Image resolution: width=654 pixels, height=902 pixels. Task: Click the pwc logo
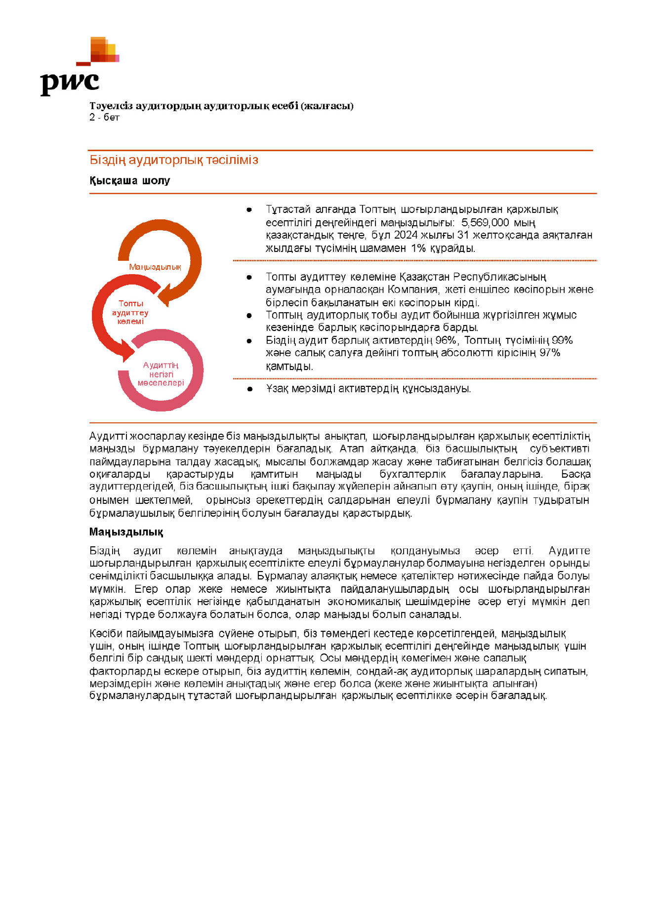click(79, 67)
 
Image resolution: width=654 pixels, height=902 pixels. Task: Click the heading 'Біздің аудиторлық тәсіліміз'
click(173, 160)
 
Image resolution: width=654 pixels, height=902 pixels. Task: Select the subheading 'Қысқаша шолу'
click(129, 181)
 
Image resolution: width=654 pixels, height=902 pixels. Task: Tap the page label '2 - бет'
click(104, 118)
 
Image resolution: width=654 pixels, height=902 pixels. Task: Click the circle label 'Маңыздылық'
click(155, 267)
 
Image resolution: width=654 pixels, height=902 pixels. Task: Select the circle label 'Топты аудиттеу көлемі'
click(130, 313)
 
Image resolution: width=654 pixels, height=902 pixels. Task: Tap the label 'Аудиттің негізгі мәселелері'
click(161, 374)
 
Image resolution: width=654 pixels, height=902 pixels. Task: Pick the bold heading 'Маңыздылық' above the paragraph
click(126, 532)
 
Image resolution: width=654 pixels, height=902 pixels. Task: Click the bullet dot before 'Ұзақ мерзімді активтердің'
click(250, 389)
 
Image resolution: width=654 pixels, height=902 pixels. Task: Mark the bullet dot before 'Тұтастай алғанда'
click(249, 210)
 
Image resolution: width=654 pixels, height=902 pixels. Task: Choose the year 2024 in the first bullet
click(405, 236)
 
